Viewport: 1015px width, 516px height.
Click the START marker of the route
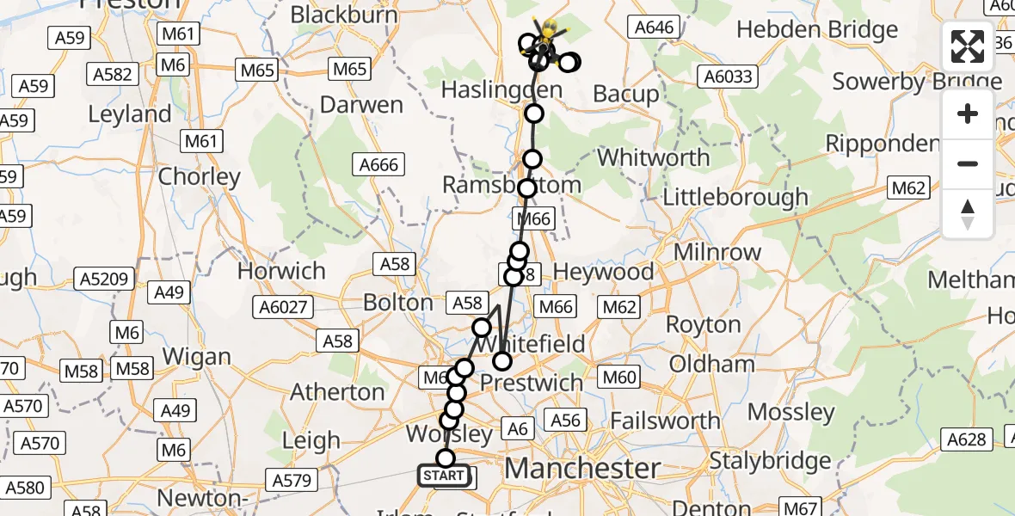[x=444, y=476]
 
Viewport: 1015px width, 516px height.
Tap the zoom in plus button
[x=968, y=114]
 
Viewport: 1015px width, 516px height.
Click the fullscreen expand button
[x=968, y=46]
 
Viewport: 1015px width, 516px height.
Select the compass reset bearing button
[x=968, y=214]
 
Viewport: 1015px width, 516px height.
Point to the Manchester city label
[x=582, y=469]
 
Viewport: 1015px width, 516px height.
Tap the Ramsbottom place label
[x=511, y=185]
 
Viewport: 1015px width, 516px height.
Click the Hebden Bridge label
[x=817, y=31]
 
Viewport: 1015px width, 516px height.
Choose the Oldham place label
[x=711, y=363]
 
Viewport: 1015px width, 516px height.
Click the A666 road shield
[x=378, y=163]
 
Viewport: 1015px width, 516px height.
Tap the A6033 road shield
[x=728, y=77]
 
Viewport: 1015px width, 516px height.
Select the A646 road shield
[x=654, y=28]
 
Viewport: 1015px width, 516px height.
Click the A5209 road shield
[x=106, y=279]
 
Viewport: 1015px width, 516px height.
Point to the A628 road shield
[x=965, y=439]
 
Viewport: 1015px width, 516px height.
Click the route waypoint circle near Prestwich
[x=501, y=361]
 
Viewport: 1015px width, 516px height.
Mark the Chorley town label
[x=200, y=177]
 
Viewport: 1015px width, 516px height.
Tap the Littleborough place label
[x=735, y=197]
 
